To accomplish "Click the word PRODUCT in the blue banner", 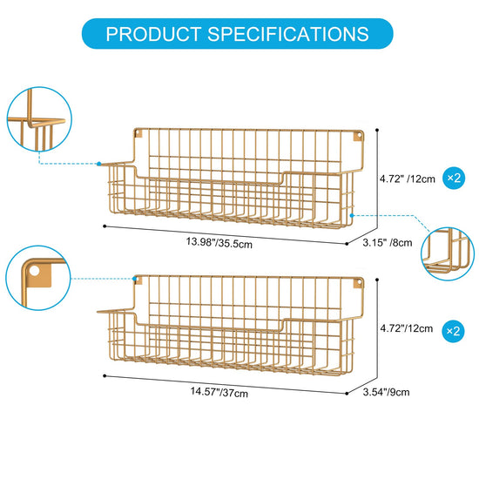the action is click(x=153, y=34).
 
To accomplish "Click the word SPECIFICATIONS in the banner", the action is click(x=288, y=34).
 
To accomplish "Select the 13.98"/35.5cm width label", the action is click(x=219, y=243).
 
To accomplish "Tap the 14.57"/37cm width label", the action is click(x=219, y=392).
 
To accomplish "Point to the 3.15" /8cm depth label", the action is click(x=388, y=243).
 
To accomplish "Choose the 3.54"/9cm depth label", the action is click(x=386, y=392).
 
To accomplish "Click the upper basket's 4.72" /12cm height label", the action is click(x=408, y=179).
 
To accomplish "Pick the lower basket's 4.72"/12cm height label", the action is click(x=407, y=328).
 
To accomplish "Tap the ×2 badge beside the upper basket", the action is click(x=454, y=178).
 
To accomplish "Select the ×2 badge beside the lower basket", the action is click(x=454, y=331).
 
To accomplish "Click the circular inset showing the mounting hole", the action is click(x=38, y=278).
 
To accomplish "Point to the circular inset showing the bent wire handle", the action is click(x=39, y=119).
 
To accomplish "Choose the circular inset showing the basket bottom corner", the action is click(x=448, y=253).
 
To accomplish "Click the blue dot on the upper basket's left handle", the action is click(x=99, y=164).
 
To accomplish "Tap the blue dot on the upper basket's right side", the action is click(x=352, y=215).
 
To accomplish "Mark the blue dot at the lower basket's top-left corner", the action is click(x=134, y=279).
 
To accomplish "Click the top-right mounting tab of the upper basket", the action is click(x=358, y=136).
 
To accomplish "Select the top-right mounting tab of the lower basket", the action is click(x=358, y=283).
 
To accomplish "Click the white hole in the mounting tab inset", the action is click(x=35, y=271).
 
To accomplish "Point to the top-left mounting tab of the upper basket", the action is click(x=138, y=134).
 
